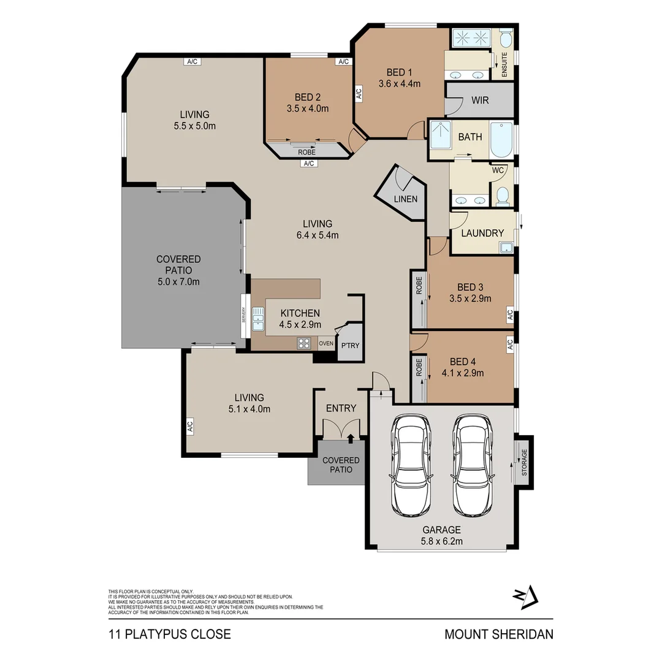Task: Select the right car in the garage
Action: [x=473, y=466]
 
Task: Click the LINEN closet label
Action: [x=406, y=199]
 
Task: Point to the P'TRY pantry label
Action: [x=350, y=346]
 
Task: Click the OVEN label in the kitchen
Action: [x=326, y=343]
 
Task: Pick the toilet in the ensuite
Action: [x=505, y=40]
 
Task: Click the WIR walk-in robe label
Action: [x=480, y=100]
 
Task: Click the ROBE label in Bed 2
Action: [x=306, y=151]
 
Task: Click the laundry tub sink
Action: [x=506, y=247]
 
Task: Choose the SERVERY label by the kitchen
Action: [x=244, y=315]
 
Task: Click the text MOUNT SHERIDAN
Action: [x=498, y=634]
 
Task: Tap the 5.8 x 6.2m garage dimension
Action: [x=441, y=541]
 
